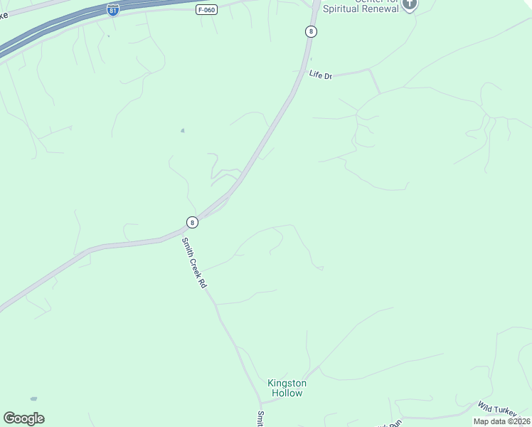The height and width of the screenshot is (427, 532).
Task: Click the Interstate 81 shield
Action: tap(113, 10)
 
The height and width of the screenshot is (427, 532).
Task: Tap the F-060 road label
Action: tap(206, 10)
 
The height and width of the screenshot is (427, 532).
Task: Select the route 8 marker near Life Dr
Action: tap(311, 31)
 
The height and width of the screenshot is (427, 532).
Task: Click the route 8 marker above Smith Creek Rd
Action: tap(192, 222)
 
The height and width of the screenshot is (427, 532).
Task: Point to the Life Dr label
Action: tap(321, 74)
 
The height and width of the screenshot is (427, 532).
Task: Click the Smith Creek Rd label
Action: tap(193, 262)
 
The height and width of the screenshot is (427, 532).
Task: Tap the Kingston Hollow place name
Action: tap(286, 388)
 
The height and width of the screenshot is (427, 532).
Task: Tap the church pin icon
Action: tap(409, 4)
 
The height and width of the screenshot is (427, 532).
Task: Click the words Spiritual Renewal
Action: tap(361, 9)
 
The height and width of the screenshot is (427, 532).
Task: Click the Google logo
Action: tap(23, 418)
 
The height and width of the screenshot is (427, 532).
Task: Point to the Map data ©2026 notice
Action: tap(501, 421)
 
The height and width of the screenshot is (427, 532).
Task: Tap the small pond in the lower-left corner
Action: tap(33, 399)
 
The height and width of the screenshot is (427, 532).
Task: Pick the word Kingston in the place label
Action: tap(286, 383)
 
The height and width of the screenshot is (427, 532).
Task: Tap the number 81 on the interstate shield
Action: tap(113, 11)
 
